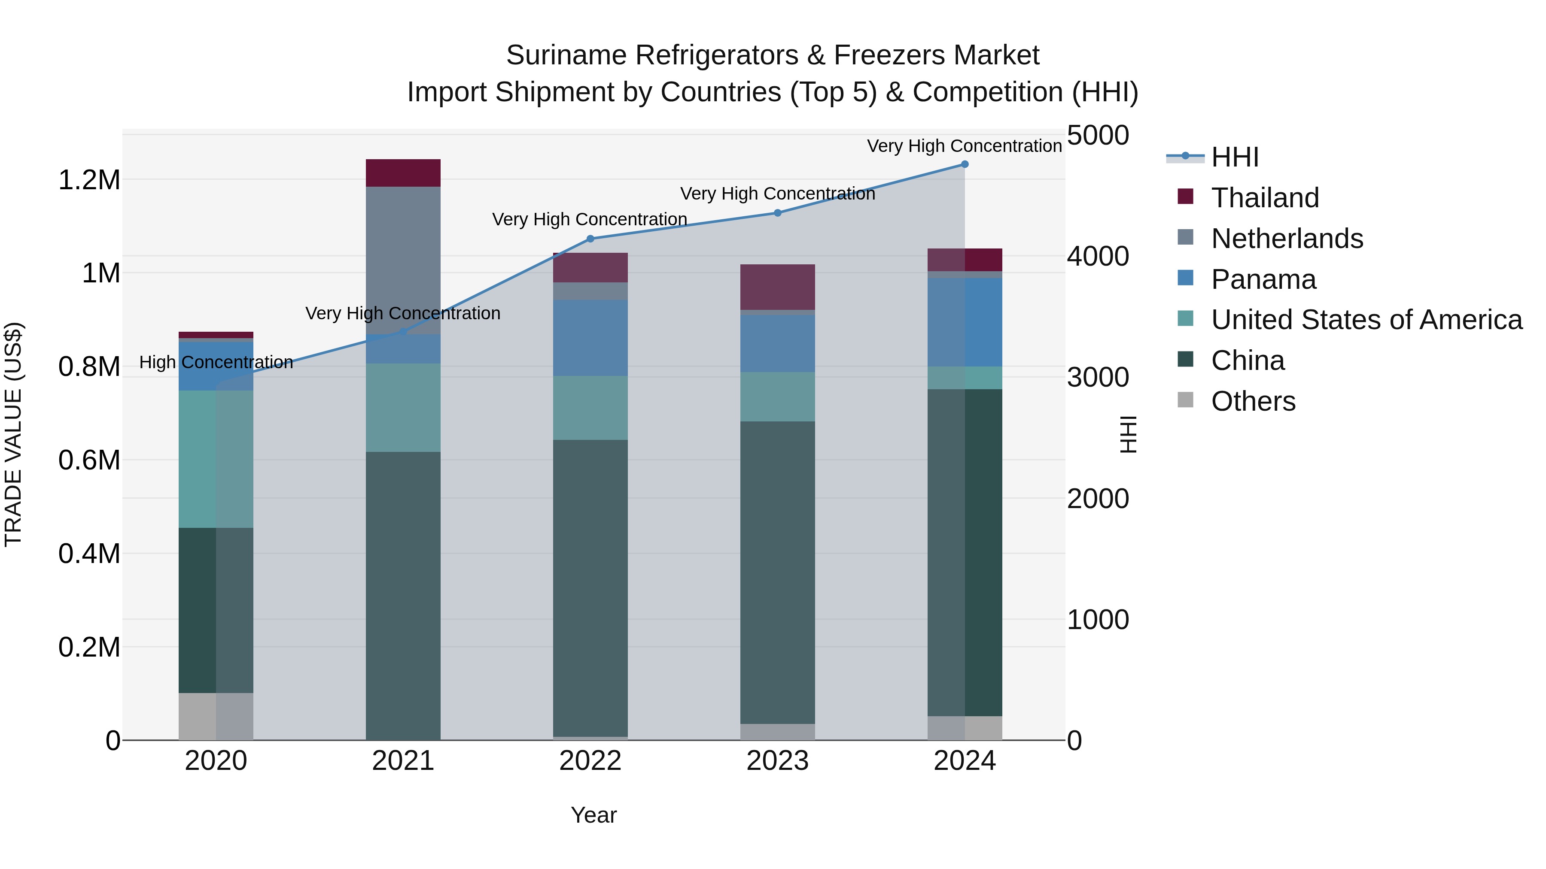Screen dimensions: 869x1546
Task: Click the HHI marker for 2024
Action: [x=965, y=164]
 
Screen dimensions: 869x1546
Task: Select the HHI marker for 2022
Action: [x=590, y=239]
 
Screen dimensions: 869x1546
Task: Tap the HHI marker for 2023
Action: [x=777, y=213]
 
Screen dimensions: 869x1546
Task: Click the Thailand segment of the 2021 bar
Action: [x=403, y=173]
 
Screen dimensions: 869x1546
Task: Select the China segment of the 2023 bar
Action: [x=777, y=573]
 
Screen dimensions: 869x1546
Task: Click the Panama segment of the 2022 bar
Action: [x=590, y=338]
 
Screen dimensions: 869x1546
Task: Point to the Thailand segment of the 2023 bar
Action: [x=777, y=287]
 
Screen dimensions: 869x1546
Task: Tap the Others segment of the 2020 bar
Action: [x=216, y=717]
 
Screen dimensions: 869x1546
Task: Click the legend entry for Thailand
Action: [x=1265, y=198]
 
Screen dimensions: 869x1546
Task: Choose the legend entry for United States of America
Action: [x=1366, y=320]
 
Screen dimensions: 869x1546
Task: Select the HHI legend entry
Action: [x=1235, y=157]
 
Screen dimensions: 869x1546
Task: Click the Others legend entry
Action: [x=1253, y=401]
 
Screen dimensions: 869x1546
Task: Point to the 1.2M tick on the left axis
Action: [x=89, y=180]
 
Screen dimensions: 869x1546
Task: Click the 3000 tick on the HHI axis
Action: [x=1098, y=377]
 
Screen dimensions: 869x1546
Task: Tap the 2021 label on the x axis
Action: [x=403, y=761]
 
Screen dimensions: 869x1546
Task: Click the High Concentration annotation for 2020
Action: [x=216, y=362]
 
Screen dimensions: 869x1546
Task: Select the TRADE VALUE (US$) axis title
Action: [x=13, y=434]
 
